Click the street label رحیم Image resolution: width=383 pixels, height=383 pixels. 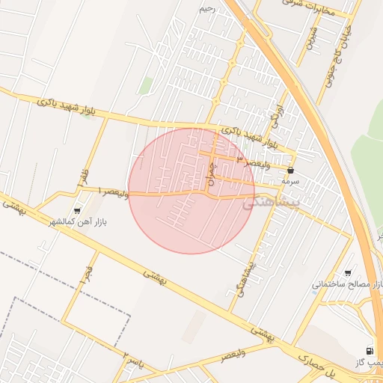point(207,9)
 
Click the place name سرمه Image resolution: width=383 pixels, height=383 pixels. point(290,182)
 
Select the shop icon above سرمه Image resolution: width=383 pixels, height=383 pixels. point(290,171)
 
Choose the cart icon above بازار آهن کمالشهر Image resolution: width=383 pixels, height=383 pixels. point(77,211)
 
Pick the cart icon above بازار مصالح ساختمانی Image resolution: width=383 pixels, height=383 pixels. point(348,273)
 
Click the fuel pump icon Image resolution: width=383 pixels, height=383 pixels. point(369,350)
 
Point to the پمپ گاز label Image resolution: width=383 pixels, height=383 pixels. point(371,362)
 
